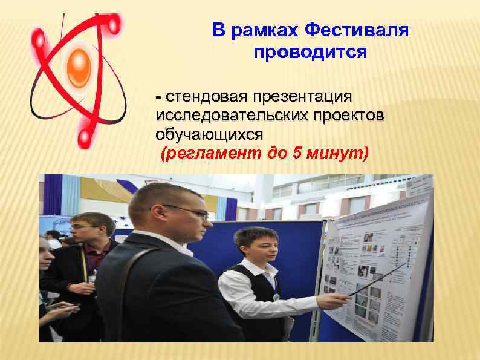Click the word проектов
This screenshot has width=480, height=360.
348,116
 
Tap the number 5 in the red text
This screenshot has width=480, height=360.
297,154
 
